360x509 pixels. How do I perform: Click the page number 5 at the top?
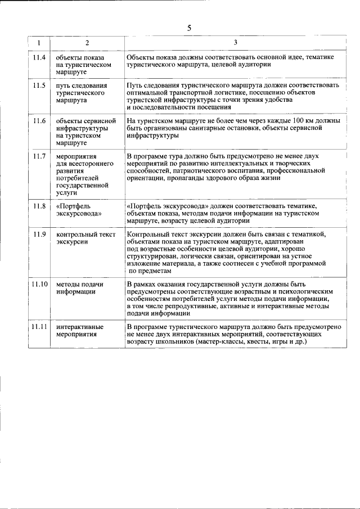pyautogui.click(x=189, y=28)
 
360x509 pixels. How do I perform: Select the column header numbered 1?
pyautogui.click(x=39, y=43)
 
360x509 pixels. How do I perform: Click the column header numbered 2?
pyautogui.click(x=87, y=43)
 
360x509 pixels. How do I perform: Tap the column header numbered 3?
pyautogui.click(x=235, y=43)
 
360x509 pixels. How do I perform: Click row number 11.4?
pyautogui.click(x=39, y=58)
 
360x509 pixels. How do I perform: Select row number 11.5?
pyautogui.click(x=39, y=85)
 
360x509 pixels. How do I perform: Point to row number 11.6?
pyautogui.click(x=39, y=121)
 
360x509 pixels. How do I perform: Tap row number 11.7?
pyautogui.click(x=39, y=156)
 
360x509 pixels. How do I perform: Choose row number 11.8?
pyautogui.click(x=39, y=206)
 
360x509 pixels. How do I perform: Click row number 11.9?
pyautogui.click(x=39, y=234)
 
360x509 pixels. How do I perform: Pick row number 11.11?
pyautogui.click(x=39, y=327)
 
